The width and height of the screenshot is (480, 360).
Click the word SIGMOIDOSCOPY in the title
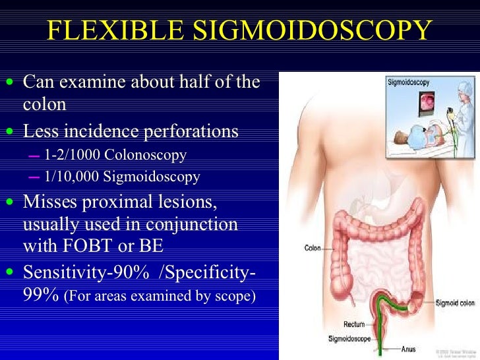point(315,32)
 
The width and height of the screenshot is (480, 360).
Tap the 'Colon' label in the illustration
point(312,249)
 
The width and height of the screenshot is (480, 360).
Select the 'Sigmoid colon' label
point(455,303)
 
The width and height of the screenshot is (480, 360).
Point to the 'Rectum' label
point(354,324)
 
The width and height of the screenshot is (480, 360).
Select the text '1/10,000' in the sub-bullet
point(71,177)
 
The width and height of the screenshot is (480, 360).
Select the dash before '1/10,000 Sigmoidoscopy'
point(34,177)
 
